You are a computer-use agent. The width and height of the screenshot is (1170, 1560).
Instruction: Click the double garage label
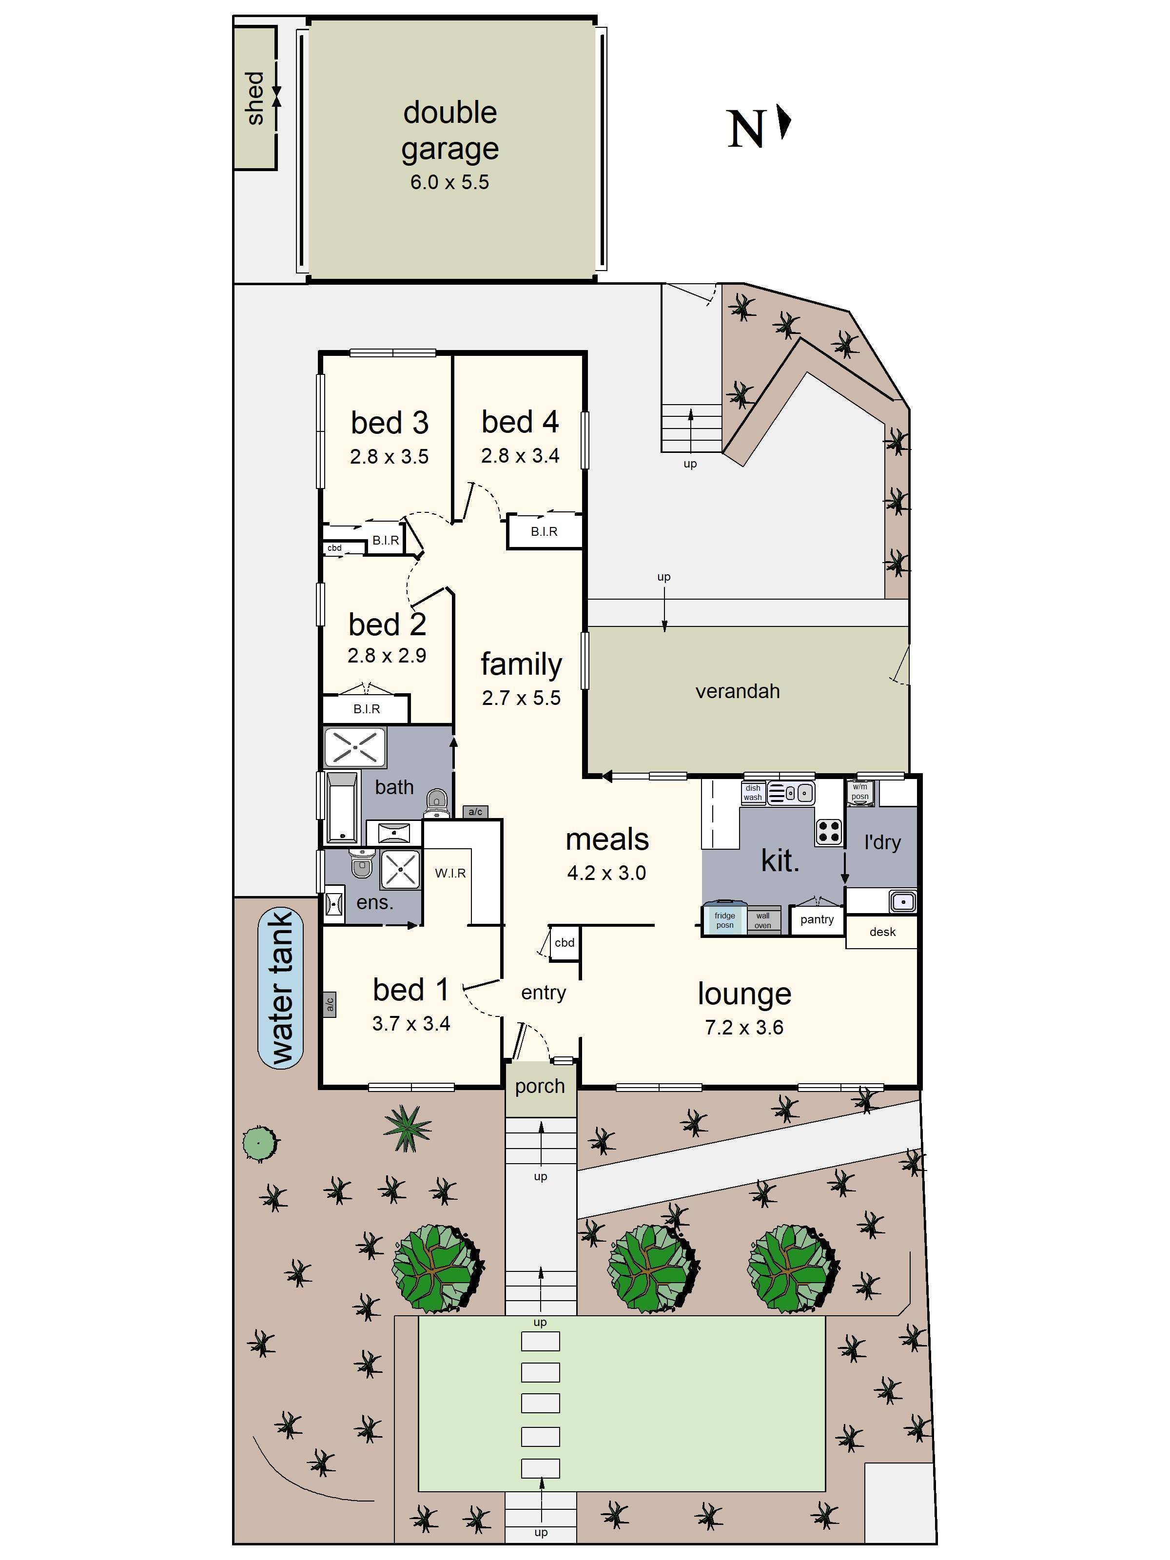point(449,131)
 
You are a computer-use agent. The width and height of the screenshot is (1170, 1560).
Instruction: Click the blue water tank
point(281,987)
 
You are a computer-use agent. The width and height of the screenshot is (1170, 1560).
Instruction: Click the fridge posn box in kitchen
point(724,919)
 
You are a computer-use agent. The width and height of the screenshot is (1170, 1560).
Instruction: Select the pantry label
point(817,919)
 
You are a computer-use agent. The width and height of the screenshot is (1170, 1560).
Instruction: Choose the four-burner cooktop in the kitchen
point(829,832)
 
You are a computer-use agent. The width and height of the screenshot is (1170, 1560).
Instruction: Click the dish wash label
point(753,793)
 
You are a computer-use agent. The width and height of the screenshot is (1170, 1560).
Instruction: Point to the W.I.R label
point(450,873)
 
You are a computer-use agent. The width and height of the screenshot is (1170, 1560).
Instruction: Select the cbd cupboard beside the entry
point(564,943)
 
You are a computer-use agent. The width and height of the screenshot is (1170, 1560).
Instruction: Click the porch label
point(540,1086)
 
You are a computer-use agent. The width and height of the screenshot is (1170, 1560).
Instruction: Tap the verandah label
point(737,691)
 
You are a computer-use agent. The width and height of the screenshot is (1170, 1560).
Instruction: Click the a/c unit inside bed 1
point(330,1004)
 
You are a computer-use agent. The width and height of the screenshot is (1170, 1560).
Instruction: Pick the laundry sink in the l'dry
point(902,901)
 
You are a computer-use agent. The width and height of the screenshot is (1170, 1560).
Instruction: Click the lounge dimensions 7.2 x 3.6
point(743,1028)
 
